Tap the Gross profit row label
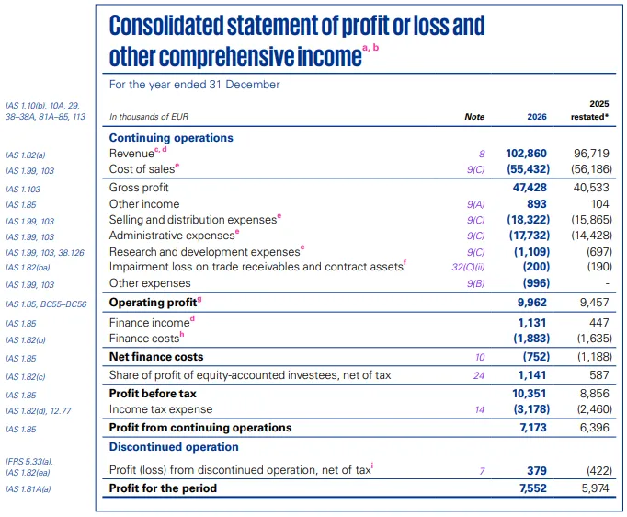138,188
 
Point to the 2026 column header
536,117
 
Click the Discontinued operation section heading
174,447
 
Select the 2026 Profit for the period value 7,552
531,488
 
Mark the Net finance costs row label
156,357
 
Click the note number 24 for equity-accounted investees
477,375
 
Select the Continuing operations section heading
171,137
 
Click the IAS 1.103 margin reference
23,189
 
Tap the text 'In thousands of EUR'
147,118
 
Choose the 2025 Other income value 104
598,204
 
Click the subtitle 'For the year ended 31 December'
194,85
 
